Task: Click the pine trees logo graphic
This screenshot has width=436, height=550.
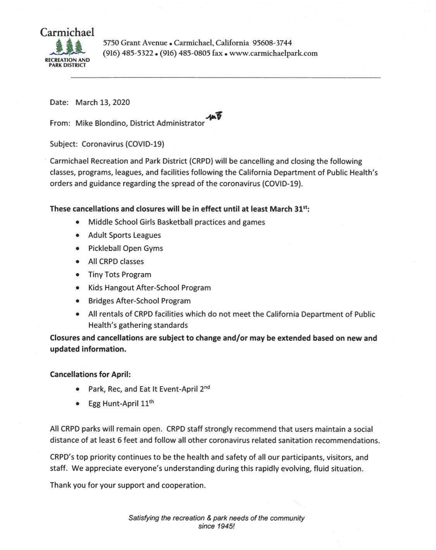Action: (69, 47)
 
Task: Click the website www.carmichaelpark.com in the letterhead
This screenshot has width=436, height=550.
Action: (274, 53)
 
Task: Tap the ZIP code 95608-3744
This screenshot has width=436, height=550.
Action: (272, 43)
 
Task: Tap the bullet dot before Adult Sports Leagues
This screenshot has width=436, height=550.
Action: (79, 235)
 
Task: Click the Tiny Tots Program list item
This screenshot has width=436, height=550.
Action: (120, 275)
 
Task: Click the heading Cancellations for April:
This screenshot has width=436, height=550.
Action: (90, 375)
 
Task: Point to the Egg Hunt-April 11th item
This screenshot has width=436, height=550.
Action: (121, 404)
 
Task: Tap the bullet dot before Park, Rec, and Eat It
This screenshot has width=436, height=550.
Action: (79, 389)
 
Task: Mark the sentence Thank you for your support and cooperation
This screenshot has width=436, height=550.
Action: (128, 485)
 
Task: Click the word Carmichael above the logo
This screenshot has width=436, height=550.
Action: (67, 32)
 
